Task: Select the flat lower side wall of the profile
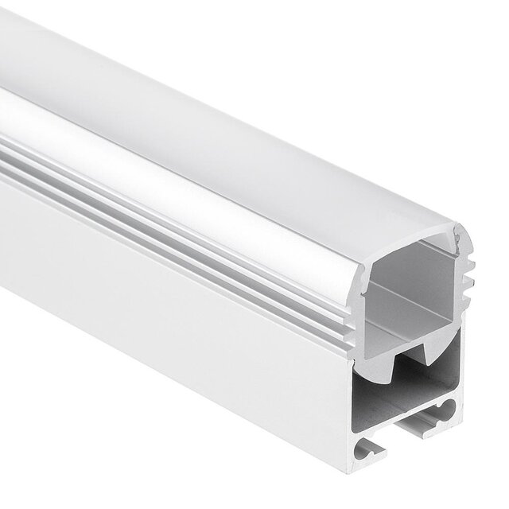click(159, 318)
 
